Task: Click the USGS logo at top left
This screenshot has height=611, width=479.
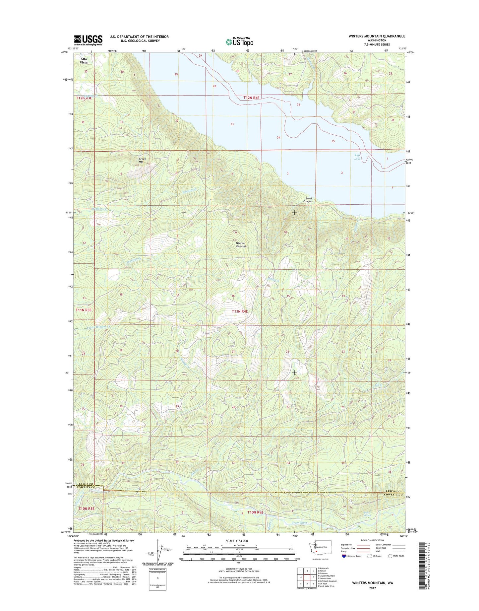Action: click(x=88, y=40)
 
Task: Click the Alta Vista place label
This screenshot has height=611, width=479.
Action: click(x=84, y=61)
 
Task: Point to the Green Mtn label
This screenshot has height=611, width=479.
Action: click(x=142, y=161)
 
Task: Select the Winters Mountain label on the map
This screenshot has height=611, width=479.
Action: click(x=241, y=245)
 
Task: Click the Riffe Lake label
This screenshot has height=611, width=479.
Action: click(x=357, y=157)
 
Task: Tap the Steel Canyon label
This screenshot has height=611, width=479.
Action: click(x=308, y=200)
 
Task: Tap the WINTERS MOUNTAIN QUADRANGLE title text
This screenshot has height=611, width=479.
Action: click(x=377, y=36)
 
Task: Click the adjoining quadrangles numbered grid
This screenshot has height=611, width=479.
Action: click(x=307, y=577)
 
